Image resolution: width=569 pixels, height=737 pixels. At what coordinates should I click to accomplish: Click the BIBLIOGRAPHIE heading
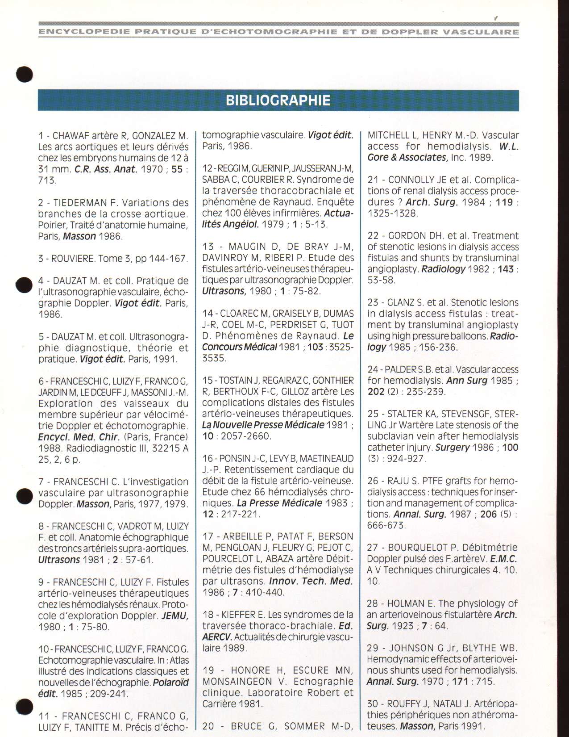pos(278,100)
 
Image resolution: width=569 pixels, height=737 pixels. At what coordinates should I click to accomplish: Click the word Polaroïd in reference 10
pos(171,683)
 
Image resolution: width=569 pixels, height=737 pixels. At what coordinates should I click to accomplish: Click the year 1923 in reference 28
pos(403,626)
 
